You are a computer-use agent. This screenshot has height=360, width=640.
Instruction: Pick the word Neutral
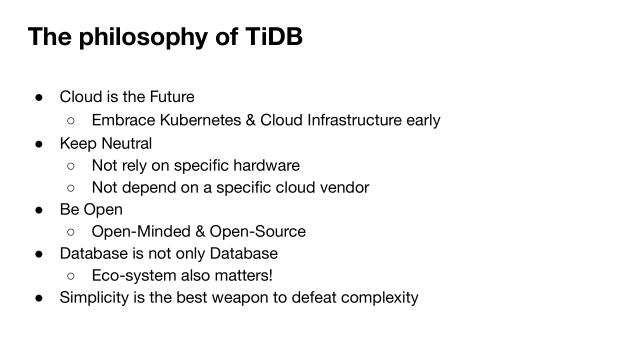tap(125, 143)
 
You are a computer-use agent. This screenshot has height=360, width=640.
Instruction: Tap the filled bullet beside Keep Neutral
tap(38, 143)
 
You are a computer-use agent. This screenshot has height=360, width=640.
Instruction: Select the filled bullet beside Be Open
tap(38, 209)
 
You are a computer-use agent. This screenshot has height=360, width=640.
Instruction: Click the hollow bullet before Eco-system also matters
tap(71, 275)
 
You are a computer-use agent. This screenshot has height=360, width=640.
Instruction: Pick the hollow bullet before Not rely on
tap(71, 165)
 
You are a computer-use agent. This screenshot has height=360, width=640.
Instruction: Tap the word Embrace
tap(123, 120)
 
